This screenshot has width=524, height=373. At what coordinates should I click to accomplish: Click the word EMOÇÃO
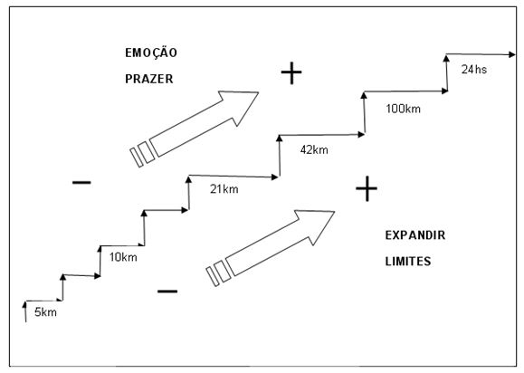tap(151, 53)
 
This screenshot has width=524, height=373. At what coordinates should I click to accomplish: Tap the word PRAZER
tap(149, 79)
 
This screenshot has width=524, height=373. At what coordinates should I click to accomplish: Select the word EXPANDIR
tap(415, 235)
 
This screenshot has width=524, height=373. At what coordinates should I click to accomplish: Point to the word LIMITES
tap(408, 261)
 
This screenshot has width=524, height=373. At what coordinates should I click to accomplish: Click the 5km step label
tap(45, 312)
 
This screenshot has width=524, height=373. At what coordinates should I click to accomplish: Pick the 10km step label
tap(123, 257)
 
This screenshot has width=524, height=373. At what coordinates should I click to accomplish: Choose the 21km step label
tap(224, 189)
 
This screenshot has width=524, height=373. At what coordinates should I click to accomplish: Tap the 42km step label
tap(314, 149)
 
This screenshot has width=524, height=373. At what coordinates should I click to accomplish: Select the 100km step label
tap(403, 109)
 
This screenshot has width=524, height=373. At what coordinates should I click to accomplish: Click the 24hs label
tap(474, 69)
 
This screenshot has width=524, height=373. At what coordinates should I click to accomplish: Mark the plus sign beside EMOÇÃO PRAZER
tap(291, 72)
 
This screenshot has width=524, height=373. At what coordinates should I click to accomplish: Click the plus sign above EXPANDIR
tap(367, 188)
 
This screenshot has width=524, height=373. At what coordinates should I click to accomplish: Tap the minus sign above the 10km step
tap(81, 182)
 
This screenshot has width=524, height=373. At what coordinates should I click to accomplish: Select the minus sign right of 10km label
tap(167, 292)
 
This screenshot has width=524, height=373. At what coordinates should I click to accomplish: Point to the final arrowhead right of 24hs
tap(512, 54)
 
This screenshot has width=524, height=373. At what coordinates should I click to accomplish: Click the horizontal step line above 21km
tap(233, 177)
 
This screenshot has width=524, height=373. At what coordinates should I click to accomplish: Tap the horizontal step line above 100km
tap(405, 91)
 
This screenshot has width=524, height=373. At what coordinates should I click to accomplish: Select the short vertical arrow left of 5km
tap(24, 311)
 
